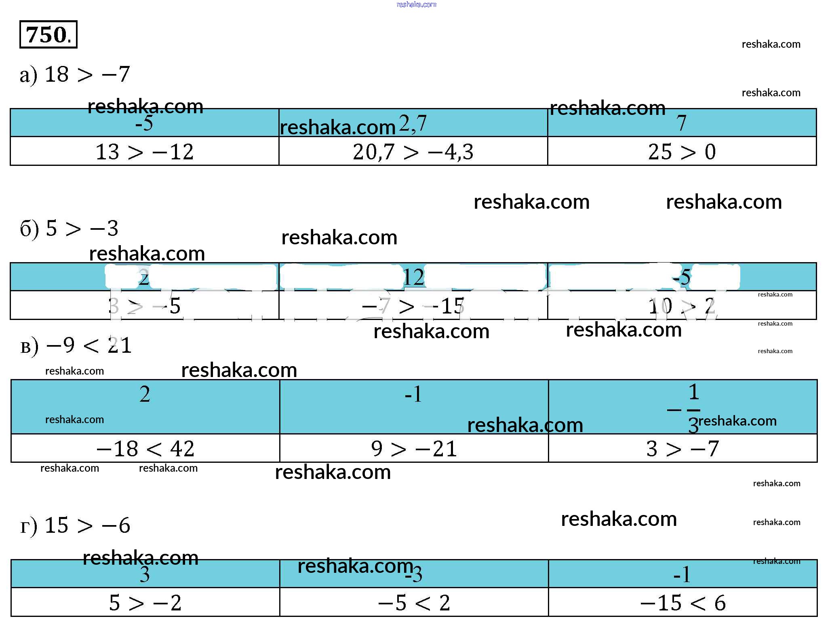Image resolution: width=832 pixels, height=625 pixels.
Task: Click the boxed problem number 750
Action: pos(48,34)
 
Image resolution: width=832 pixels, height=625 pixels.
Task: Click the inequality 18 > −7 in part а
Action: pos(87,74)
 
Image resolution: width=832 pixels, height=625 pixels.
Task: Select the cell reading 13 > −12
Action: pos(144,152)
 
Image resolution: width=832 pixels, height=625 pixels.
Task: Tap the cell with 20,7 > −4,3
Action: pos(413,152)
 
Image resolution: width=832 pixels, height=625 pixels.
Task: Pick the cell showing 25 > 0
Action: pos(682,152)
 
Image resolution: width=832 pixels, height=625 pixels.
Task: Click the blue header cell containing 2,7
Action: pos(413,123)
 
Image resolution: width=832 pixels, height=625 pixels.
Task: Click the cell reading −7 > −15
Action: pos(413,306)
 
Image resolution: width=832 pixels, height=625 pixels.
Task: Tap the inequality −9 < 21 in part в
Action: pos(89,345)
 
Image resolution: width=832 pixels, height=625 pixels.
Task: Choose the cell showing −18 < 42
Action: pos(145,449)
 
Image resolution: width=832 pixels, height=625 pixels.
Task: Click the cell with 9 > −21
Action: pos(414,449)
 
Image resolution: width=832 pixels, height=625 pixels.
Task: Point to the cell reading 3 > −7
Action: pos(682,449)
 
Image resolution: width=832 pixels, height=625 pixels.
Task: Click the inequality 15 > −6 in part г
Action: pos(87,525)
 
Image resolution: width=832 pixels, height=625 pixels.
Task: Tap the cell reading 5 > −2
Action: pos(145,603)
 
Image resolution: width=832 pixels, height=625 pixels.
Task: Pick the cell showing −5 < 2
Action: pos(414,603)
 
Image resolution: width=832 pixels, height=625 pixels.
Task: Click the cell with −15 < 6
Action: pos(682,603)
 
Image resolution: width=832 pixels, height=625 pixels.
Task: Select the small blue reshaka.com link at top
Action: pos(416,4)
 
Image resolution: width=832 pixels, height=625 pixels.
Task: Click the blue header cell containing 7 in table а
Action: pos(682,123)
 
